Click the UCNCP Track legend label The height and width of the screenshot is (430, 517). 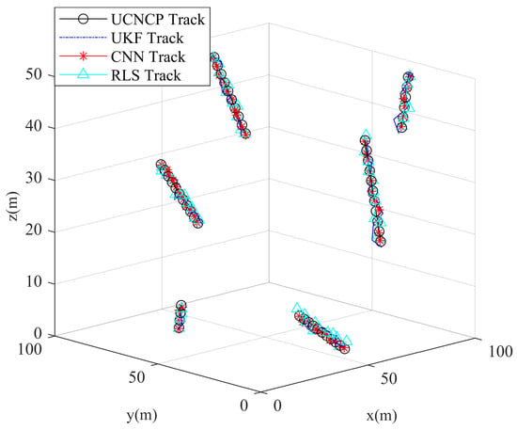click(x=158, y=20)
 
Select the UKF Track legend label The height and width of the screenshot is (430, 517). click(x=147, y=38)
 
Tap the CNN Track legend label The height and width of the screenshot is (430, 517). click(x=148, y=56)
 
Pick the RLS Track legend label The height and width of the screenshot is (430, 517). click(x=146, y=75)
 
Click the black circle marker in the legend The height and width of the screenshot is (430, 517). click(x=84, y=19)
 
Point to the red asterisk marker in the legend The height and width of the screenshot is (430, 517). click(x=84, y=56)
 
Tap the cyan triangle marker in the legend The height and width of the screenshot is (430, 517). click(x=84, y=73)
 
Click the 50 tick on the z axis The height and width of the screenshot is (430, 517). click(x=33, y=74)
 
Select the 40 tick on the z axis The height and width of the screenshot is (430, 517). click(x=33, y=127)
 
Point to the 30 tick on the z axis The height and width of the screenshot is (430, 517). click(x=33, y=179)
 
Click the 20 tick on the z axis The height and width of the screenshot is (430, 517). click(x=33, y=231)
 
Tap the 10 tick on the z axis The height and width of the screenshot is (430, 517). click(x=33, y=282)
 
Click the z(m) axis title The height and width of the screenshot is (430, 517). click(x=14, y=206)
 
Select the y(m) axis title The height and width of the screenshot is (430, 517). click(x=142, y=415)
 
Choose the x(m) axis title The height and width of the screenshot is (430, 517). click(x=382, y=416)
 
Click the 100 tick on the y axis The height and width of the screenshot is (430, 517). click(x=30, y=349)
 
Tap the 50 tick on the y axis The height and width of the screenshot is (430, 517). click(x=136, y=377)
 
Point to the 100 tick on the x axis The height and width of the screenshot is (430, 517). click(x=500, y=352)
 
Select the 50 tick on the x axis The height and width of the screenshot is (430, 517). click(x=389, y=379)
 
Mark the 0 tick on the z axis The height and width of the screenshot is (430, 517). click(x=38, y=334)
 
